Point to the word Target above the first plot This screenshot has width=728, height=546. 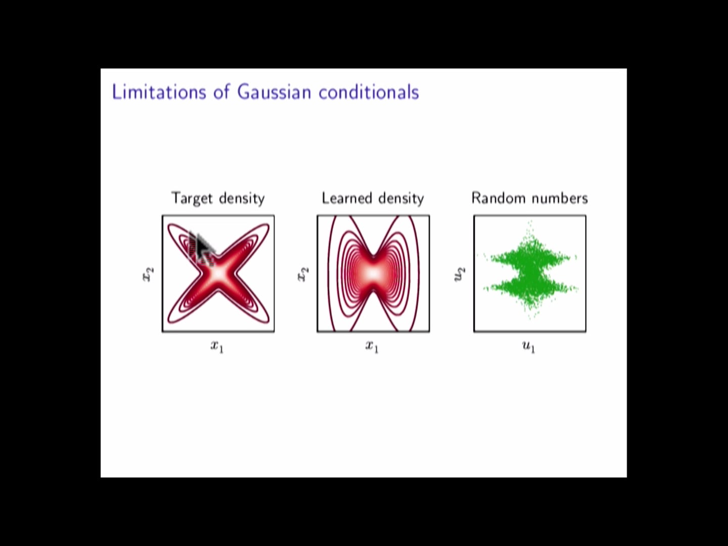pos(192,198)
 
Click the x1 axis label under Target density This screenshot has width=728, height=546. pos(217,347)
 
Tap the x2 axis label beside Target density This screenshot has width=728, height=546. pos(147,274)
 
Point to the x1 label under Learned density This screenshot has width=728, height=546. pos(372,347)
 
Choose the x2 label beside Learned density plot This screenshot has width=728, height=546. pos(302,274)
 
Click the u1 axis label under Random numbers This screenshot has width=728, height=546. pos(528,347)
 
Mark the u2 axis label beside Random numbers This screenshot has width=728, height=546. pos(459,274)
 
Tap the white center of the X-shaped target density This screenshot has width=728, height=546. pos(218,273)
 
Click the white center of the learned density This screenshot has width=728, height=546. pos(373,274)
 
